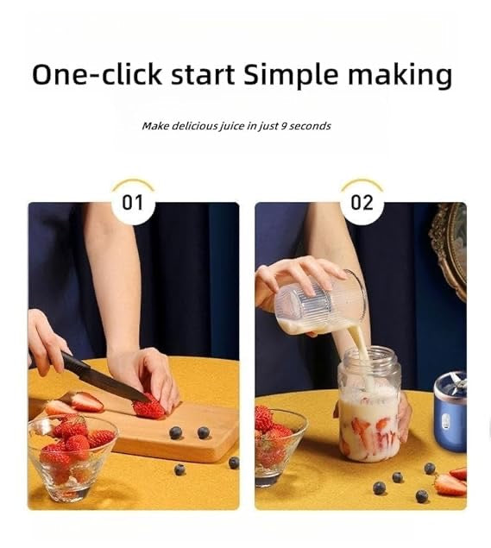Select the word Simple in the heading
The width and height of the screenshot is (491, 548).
tap(291, 75)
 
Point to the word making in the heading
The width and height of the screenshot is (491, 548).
tap(400, 75)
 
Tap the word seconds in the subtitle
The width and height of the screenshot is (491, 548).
tap(310, 126)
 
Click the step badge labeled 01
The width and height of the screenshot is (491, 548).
tap(133, 203)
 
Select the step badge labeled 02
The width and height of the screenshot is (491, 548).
tap(362, 203)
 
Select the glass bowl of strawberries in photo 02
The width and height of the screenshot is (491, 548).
tap(278, 444)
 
